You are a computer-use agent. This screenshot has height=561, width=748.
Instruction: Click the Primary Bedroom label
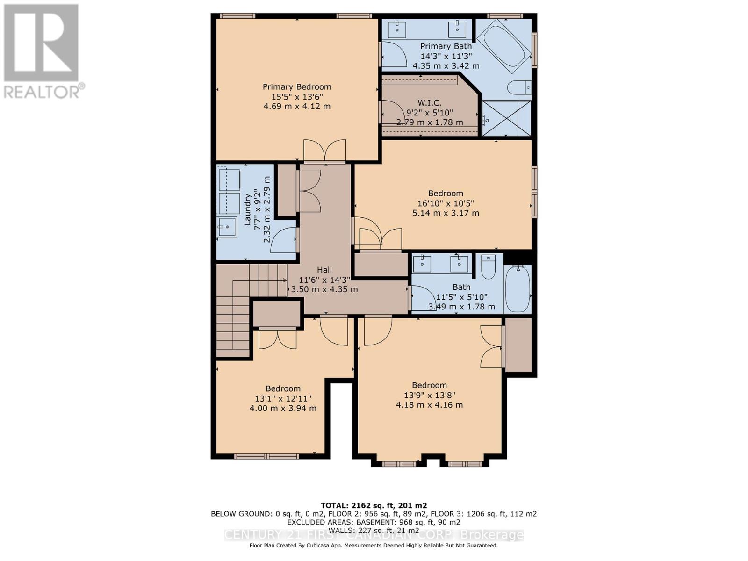click(x=297, y=87)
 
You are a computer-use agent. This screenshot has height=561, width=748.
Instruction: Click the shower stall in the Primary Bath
click(x=507, y=119)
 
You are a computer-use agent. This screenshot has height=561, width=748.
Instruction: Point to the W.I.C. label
click(x=429, y=102)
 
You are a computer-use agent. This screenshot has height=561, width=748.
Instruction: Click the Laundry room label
click(x=248, y=209)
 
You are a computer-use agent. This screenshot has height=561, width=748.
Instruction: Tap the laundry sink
click(x=228, y=227)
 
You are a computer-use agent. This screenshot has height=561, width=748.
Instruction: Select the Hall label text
click(x=324, y=270)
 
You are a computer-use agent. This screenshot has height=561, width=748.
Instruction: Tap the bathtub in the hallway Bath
click(x=518, y=289)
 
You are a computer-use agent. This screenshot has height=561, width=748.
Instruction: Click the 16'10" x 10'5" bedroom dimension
click(x=446, y=203)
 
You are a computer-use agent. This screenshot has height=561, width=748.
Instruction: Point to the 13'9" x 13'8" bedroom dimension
click(x=429, y=395)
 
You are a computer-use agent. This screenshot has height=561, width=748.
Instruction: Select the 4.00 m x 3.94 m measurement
click(x=283, y=408)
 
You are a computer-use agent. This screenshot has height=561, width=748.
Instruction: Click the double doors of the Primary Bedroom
click(x=325, y=151)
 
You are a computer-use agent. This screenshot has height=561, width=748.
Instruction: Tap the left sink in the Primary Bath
click(x=400, y=29)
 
